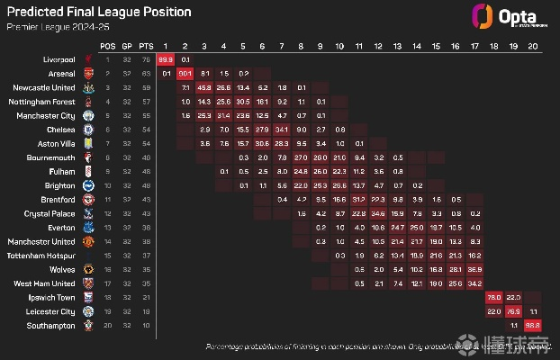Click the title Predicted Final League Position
(x=98, y=13)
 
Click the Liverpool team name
(x=55, y=58)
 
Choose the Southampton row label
(x=50, y=325)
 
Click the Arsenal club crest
(x=87, y=73)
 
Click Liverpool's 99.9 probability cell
(x=166, y=58)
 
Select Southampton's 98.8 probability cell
(x=532, y=325)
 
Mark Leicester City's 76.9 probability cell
(x=513, y=310)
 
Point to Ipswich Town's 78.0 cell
(x=494, y=296)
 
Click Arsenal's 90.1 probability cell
(x=185, y=73)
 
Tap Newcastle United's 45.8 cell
(x=204, y=87)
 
